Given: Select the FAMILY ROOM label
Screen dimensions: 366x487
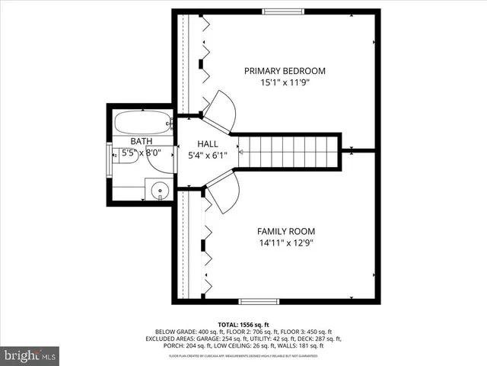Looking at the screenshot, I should (285, 231).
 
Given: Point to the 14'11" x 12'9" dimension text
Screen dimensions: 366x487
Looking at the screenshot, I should (285, 243).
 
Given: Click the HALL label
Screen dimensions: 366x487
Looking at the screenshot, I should (208, 143).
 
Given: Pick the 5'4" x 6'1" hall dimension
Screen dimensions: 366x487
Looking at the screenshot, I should (208, 156).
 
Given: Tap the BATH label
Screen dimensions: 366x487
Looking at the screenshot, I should (141, 141).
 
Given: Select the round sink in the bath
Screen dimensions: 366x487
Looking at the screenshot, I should (159, 190).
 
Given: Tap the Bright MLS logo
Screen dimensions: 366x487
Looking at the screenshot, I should (30, 355).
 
